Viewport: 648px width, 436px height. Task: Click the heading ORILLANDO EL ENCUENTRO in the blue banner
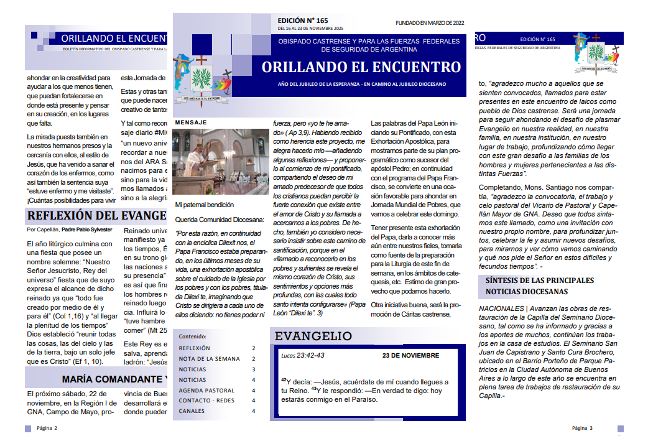pos(361,67)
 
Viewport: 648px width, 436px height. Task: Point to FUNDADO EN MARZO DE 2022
pos(430,23)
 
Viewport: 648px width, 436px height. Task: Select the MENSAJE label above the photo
pos(191,123)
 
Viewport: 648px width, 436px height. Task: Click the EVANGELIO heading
pos(313,336)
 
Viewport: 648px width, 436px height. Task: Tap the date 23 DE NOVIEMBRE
pos(410,356)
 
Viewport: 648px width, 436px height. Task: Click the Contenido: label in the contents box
pos(192,335)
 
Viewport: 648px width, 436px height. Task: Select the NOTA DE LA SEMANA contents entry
pos(209,359)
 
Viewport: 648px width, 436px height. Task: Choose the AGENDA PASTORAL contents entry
pos(206,391)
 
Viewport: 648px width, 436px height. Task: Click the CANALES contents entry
pos(192,411)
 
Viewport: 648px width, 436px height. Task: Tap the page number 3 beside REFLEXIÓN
pos(253,348)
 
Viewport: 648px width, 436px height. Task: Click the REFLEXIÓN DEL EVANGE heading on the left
pos(96,216)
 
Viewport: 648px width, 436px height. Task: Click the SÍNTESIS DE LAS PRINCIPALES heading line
pos(540,281)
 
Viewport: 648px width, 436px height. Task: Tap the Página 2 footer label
pos(47,428)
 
